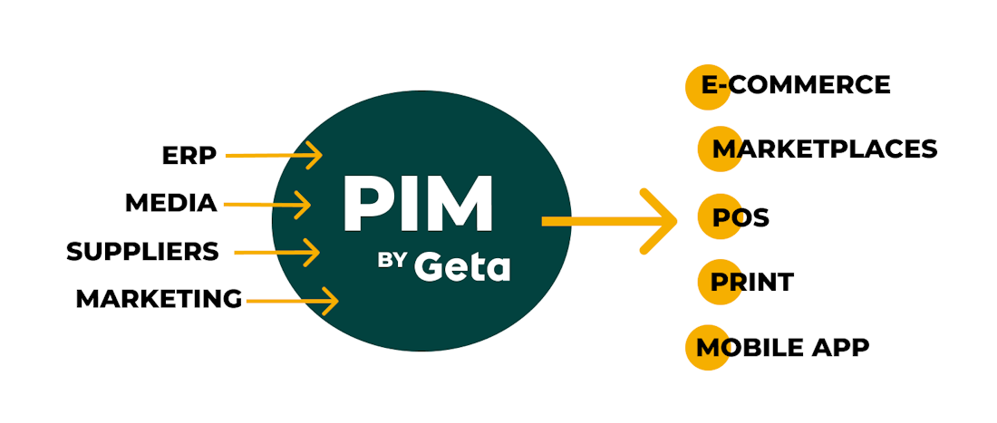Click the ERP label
pyautogui.click(x=189, y=156)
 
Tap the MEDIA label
pyautogui.click(x=171, y=203)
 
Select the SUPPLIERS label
pyautogui.click(x=142, y=251)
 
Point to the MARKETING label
pyautogui.click(x=159, y=298)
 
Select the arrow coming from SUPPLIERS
pyautogui.click(x=276, y=252)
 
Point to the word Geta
pyautogui.click(x=462, y=267)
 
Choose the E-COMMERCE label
pyautogui.click(x=796, y=85)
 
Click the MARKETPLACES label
pyautogui.click(x=824, y=149)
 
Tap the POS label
pyautogui.click(x=740, y=218)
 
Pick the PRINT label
pyautogui.click(x=751, y=282)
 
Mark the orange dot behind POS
pyautogui.click(x=718, y=217)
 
